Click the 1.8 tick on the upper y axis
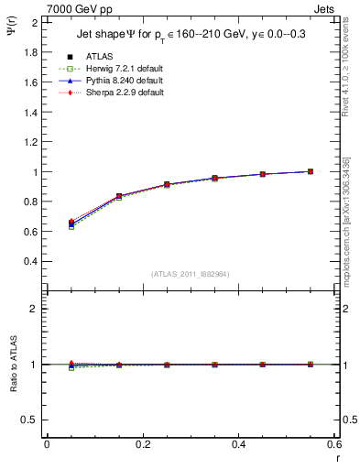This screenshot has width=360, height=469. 31,52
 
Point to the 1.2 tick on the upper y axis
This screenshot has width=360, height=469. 31,142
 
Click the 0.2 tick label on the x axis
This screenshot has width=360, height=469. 143,444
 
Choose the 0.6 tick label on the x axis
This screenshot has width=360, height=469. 333,444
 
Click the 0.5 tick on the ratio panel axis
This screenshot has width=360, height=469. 31,420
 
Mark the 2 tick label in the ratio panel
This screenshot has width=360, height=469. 36,309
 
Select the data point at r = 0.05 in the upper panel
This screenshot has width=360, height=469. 71,224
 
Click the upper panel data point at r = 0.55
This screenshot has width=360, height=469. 311,171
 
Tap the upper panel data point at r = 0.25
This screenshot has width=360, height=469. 167,185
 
